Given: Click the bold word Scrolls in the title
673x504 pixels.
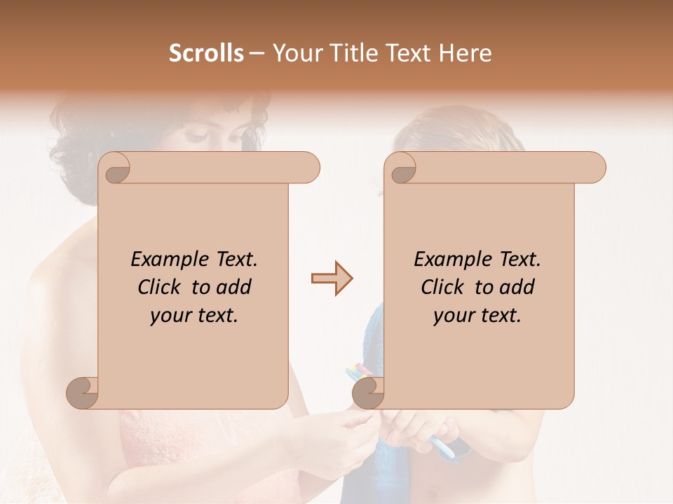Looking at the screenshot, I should pyautogui.click(x=206, y=53).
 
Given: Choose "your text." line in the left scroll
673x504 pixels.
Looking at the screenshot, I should pyautogui.click(x=194, y=316).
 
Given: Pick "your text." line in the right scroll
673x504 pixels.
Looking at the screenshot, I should pyautogui.click(x=477, y=316).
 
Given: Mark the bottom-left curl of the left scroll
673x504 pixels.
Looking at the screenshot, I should pyautogui.click(x=82, y=393).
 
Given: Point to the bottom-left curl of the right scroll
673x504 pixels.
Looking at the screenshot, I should pyautogui.click(x=368, y=393).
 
